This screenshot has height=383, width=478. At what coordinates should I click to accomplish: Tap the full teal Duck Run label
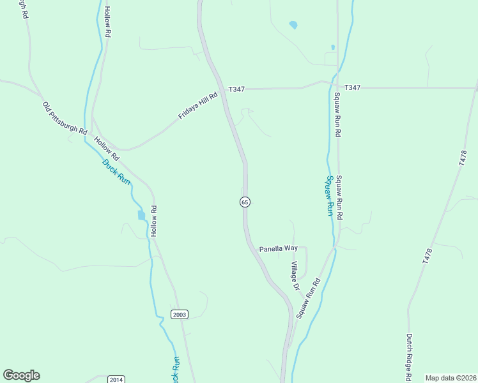coord(116,172)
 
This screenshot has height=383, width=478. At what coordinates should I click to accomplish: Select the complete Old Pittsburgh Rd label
coord(65,117)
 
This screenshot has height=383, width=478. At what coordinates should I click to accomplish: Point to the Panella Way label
coord(278,248)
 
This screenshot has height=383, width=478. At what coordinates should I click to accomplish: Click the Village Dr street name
coord(295,276)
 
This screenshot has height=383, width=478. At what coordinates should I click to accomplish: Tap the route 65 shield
coord(245,202)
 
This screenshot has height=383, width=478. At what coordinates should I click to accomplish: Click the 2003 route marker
coord(180,313)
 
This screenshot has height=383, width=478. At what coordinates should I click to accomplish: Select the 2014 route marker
coord(116,379)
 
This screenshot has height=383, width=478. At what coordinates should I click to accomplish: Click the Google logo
coord(21,375)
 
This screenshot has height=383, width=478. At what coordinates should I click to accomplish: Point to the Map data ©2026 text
coord(451,378)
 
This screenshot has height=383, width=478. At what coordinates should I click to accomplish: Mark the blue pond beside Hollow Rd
coord(141,215)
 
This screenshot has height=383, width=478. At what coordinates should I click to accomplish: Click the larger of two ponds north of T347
coord(293,26)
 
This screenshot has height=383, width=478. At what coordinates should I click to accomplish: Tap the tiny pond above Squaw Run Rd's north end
coord(333,47)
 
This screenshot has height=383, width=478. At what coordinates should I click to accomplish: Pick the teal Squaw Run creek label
coord(330,196)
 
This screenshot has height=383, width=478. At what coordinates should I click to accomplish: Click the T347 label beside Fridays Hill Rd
coord(235,89)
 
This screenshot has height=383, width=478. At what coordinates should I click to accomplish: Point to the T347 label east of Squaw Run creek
coord(353,87)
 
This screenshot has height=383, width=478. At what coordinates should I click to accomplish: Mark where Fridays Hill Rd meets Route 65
coord(221,93)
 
